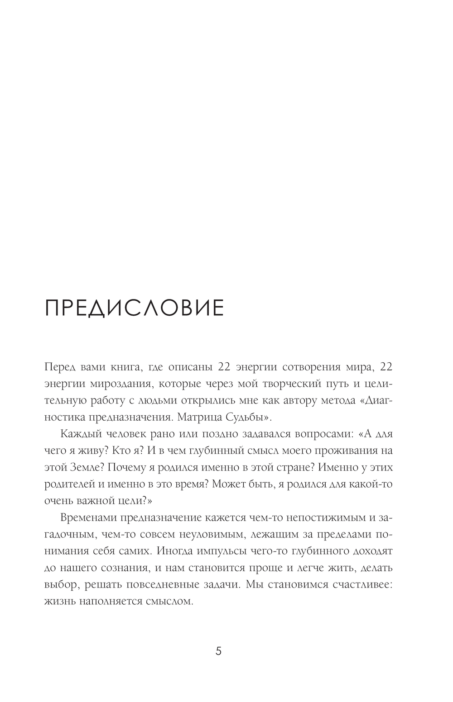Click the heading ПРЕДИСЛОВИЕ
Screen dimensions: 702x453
pyautogui.click(x=134, y=308)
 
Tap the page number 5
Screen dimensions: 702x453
pyautogui.click(x=218, y=651)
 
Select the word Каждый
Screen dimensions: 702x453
pyautogui.click(x=79, y=434)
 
